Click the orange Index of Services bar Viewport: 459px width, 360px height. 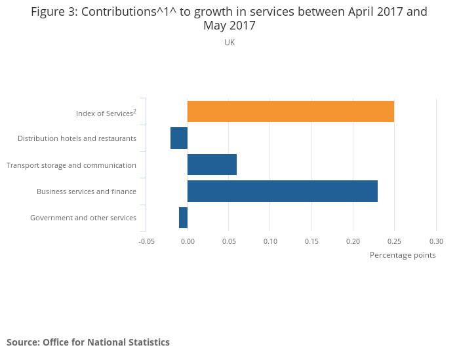[290, 111]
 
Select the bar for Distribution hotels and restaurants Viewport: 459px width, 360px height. [179, 138]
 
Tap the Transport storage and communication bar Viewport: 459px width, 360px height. [212, 165]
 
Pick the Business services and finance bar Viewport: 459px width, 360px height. [283, 191]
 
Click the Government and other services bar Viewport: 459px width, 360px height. [183, 218]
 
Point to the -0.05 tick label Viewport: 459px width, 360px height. [146, 241]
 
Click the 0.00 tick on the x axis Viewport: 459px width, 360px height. [188, 241]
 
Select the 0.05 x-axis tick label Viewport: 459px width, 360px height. [229, 241]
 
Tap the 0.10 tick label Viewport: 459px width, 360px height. [270, 241]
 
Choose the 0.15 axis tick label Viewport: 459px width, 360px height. [311, 241]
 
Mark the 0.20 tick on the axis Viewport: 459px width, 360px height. [353, 241]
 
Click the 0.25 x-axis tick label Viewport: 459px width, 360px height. [395, 241]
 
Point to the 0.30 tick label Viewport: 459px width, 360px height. [436, 241]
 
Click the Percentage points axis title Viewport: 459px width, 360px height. [403, 255]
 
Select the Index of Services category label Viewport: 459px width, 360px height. [106, 113]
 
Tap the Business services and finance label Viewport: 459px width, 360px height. [87, 191]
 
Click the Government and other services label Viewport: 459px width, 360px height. [83, 218]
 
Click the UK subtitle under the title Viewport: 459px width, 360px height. [229, 43]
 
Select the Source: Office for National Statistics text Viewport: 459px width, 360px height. [88, 342]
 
